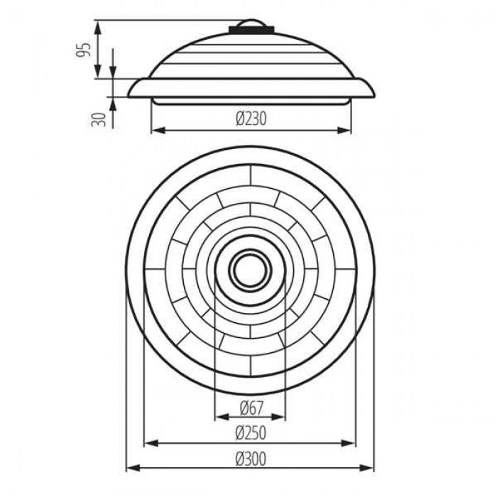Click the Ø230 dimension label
pos(251,119)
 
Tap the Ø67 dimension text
pos(251,408)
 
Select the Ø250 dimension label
pos(251,433)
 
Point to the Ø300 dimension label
pos(251,459)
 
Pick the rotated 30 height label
pos(99,119)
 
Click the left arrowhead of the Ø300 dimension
pos(133,467)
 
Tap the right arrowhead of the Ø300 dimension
pos(367,467)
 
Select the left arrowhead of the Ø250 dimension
pos(151,443)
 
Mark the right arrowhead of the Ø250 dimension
pos(349,443)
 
